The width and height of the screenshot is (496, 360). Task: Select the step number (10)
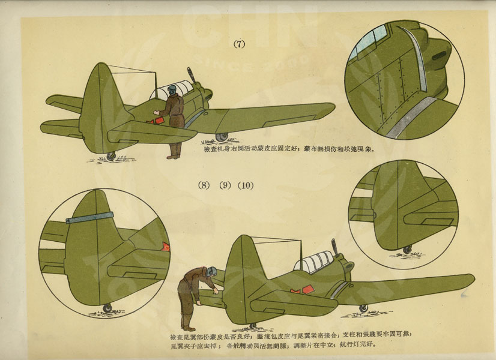point(245,185)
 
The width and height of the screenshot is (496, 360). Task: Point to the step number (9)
point(225,185)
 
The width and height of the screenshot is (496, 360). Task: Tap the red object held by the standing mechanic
point(160,121)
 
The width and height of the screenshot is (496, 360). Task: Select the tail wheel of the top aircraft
point(111,156)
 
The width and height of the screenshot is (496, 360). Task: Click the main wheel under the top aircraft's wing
point(222,137)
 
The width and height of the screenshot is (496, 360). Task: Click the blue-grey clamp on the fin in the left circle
point(90,217)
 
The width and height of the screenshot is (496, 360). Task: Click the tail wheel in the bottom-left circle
point(107,308)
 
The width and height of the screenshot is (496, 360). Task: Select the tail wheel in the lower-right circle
point(408,248)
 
